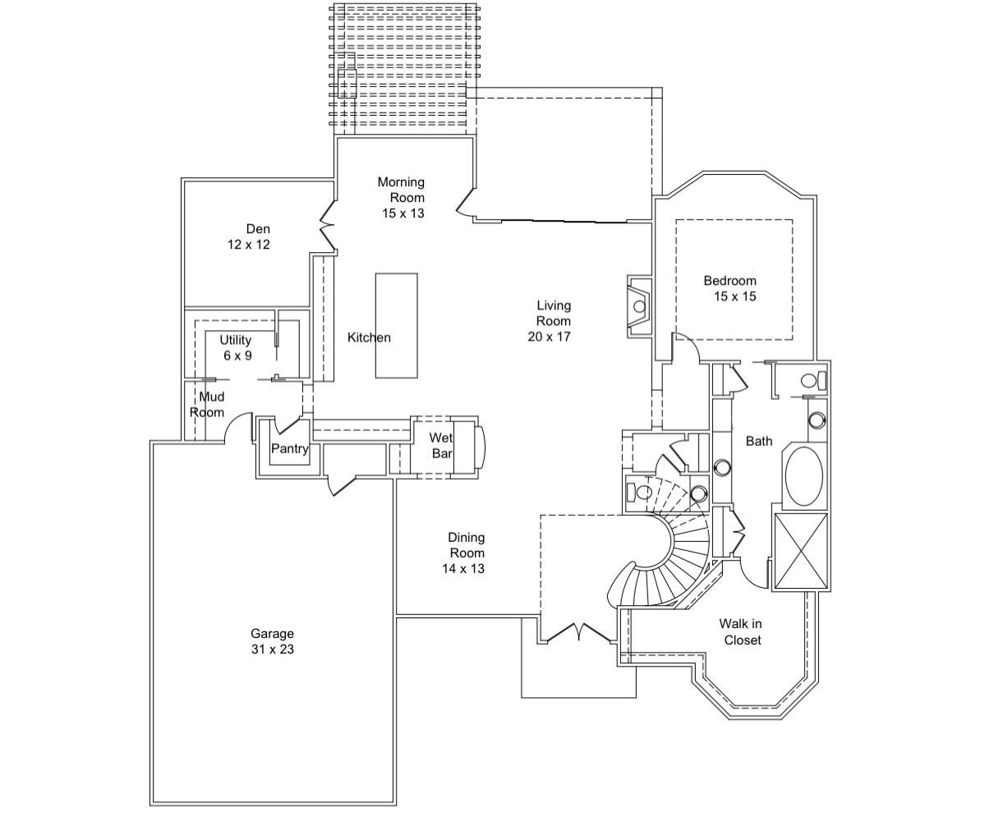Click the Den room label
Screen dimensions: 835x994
[257, 229]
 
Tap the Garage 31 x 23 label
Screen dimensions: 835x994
[272, 641]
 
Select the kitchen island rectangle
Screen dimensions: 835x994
[396, 325]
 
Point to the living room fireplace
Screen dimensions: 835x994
[637, 306]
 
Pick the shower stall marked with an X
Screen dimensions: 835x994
[800, 550]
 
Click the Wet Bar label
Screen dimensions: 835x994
[441, 446]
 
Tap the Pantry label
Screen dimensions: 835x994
[289, 449]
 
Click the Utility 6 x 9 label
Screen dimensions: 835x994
[236, 348]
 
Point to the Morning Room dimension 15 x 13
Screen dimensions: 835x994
[403, 213]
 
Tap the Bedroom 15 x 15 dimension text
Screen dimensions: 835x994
[734, 296]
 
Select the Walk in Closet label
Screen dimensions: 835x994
[741, 632]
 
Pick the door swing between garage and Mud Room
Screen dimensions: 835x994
[237, 427]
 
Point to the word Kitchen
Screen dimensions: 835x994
[369, 337]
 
